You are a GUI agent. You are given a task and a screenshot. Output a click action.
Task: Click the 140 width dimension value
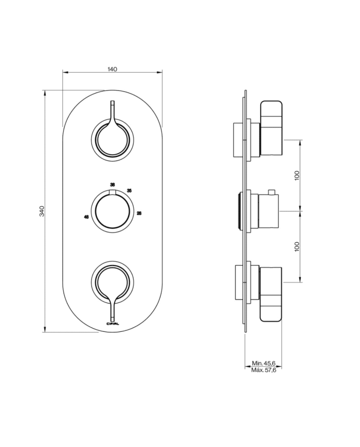click(x=113, y=69)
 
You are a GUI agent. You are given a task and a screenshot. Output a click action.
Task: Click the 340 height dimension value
click(x=42, y=211)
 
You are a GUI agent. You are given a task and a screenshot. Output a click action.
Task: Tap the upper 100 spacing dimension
click(x=297, y=175)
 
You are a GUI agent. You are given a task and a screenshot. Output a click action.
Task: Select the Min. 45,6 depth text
click(x=264, y=363)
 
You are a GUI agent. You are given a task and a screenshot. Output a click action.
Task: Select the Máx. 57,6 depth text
click(x=264, y=370)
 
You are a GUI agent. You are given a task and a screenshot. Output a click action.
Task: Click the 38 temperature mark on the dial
click(x=112, y=184)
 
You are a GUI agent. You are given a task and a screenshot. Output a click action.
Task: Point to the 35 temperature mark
click(x=129, y=191)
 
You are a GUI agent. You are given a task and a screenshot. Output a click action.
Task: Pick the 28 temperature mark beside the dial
click(x=139, y=212)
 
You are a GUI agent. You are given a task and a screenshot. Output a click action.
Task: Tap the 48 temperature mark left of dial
click(x=86, y=217)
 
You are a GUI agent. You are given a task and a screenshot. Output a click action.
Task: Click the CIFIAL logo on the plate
click(x=112, y=323)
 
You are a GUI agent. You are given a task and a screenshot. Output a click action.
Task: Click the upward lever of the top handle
click(x=112, y=111)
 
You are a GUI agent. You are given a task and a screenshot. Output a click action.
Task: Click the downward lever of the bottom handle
click(x=112, y=309)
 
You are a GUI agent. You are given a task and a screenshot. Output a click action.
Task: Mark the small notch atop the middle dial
click(x=112, y=192)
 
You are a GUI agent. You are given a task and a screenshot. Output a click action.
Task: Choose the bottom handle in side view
click(x=272, y=294)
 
